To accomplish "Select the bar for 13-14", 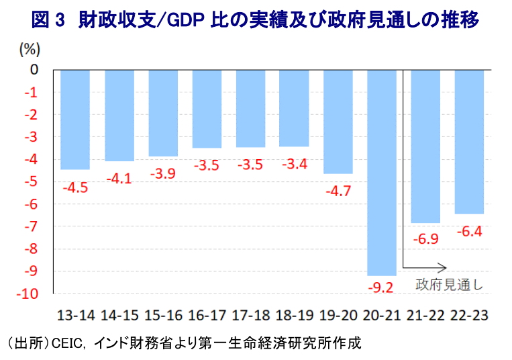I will (75, 119).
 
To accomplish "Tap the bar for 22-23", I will (469, 141).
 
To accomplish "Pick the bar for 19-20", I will (338, 122).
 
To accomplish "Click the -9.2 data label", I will (381, 287).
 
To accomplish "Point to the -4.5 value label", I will (75, 187).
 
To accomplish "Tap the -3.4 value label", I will (294, 164).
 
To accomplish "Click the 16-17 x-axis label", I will (207, 315).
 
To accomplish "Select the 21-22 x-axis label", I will (426, 315).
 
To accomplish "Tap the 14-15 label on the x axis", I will (119, 315).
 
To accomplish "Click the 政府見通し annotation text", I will (448, 283).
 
